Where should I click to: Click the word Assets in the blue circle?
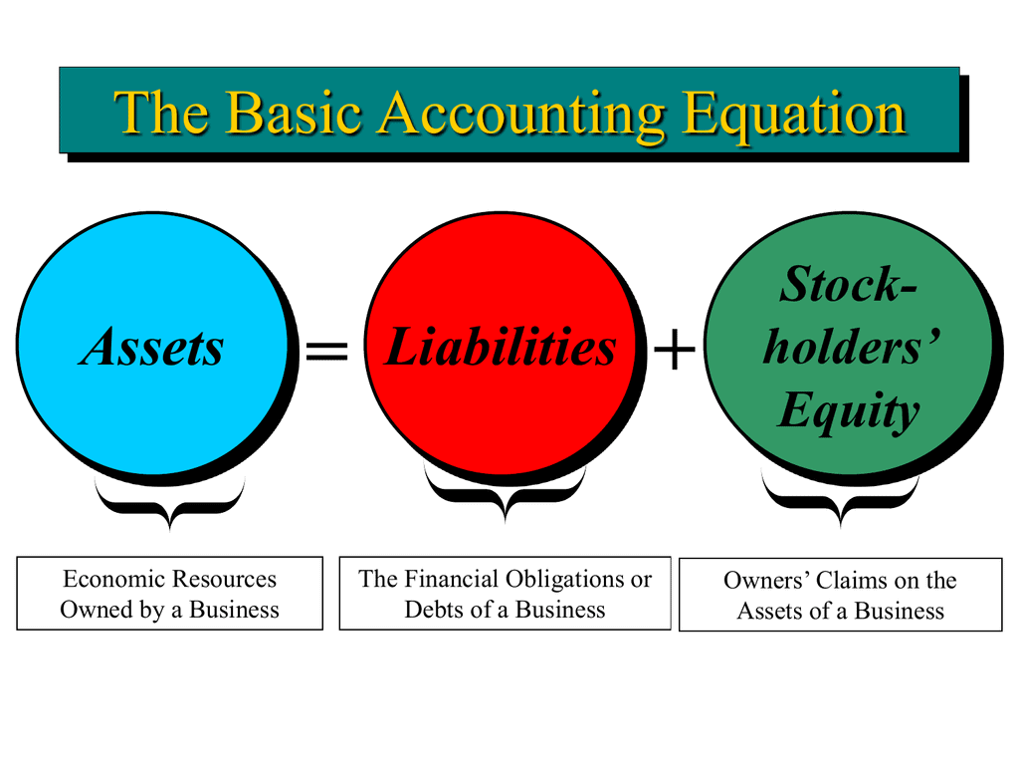(x=153, y=348)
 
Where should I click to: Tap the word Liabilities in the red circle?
(x=500, y=348)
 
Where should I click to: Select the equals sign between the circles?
(x=326, y=351)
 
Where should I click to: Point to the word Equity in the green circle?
(x=848, y=410)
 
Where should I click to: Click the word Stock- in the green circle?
(x=848, y=285)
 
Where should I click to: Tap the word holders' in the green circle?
(x=852, y=348)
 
